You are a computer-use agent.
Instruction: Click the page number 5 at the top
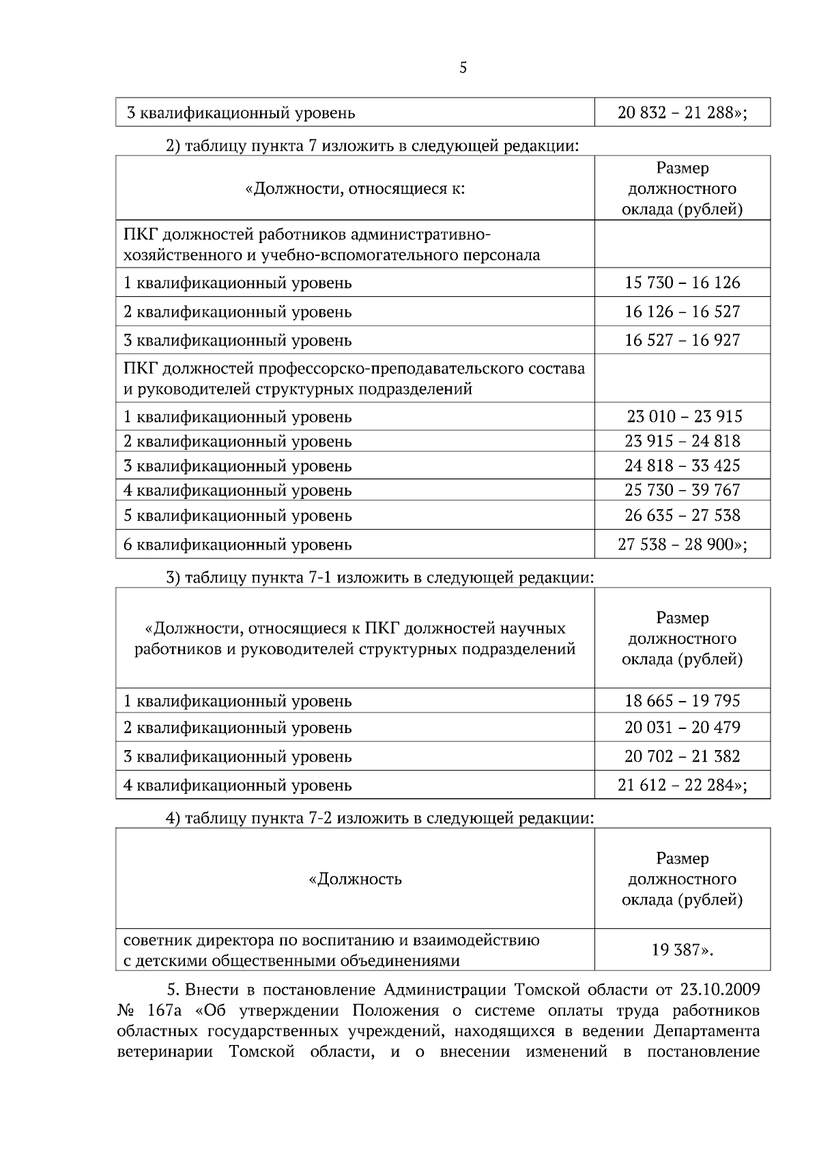(x=463, y=68)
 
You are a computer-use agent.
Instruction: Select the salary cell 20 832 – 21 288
(x=682, y=113)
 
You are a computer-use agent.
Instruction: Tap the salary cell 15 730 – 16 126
(x=682, y=283)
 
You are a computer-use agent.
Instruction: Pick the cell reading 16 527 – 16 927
(x=682, y=340)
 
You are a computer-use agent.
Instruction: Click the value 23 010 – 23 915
(x=685, y=416)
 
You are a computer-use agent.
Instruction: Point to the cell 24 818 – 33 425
(x=682, y=466)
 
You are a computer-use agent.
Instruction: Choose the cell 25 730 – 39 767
(x=682, y=490)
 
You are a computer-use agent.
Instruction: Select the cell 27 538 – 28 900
(x=682, y=545)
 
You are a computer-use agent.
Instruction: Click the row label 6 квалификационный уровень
(x=238, y=545)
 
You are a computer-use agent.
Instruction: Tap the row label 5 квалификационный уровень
(x=238, y=515)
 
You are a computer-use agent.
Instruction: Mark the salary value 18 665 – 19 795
(x=682, y=701)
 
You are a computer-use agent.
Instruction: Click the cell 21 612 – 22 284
(x=682, y=785)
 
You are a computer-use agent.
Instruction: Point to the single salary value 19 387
(x=682, y=949)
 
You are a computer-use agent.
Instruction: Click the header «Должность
(x=355, y=879)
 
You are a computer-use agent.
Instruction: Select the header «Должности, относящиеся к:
(x=355, y=188)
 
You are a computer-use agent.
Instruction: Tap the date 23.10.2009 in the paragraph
(x=719, y=989)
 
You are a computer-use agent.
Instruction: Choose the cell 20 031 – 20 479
(x=682, y=728)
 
